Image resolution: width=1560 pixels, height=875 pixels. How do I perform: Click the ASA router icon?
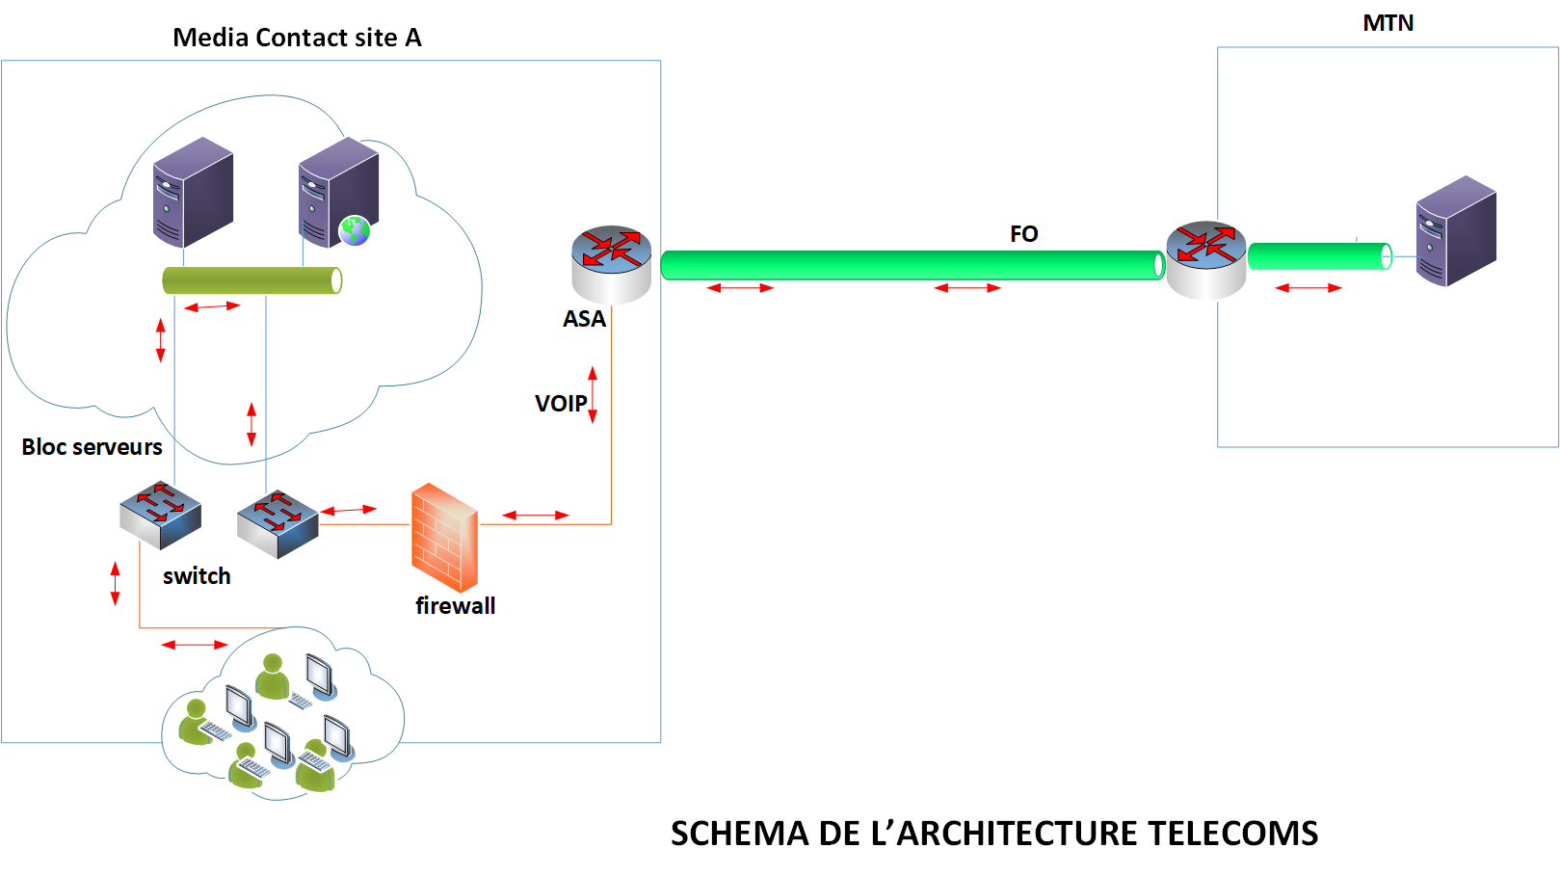(x=611, y=263)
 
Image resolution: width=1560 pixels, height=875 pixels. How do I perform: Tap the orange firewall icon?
(x=444, y=537)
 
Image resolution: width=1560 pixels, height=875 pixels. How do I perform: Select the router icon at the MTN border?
(x=1205, y=259)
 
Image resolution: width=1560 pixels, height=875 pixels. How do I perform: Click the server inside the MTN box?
(x=1456, y=230)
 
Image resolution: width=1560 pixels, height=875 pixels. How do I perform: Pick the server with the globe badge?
(x=338, y=192)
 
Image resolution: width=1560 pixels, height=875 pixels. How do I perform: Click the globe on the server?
(x=355, y=230)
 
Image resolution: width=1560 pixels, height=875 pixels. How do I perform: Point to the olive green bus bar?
(x=251, y=280)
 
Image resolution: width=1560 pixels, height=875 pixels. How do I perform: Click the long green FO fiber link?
(x=912, y=265)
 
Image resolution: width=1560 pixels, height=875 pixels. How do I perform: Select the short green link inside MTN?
(x=1319, y=256)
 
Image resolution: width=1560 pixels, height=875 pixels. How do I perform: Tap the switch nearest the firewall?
(x=278, y=523)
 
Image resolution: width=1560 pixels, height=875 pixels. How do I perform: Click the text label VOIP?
(x=561, y=404)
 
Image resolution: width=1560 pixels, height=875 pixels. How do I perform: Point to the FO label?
(x=1023, y=234)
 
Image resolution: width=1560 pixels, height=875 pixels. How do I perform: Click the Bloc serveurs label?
(x=92, y=447)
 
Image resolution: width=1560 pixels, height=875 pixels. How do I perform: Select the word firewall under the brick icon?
(x=455, y=606)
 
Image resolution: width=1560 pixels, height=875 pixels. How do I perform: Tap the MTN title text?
(x=1388, y=23)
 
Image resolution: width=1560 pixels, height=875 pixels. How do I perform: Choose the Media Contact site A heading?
(x=297, y=38)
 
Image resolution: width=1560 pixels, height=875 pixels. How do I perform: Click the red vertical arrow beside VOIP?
(x=593, y=394)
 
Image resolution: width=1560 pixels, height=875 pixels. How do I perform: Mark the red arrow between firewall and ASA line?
(x=536, y=516)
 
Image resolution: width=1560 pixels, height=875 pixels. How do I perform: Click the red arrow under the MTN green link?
(x=1308, y=288)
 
